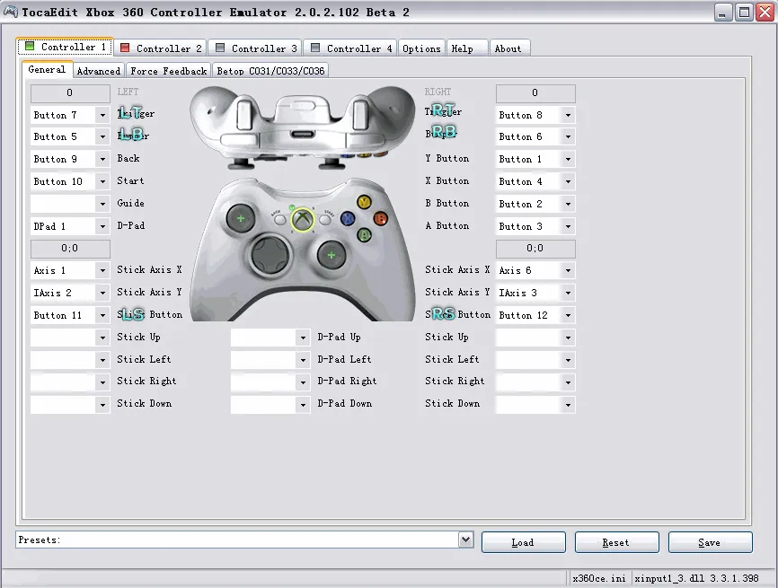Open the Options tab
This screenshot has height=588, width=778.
(x=421, y=48)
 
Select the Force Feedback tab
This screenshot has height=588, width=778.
(x=168, y=71)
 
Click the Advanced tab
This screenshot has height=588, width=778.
(x=98, y=71)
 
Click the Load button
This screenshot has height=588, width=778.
(x=523, y=542)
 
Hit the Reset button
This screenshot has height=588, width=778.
(x=616, y=542)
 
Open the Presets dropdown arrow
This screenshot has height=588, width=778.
(x=465, y=540)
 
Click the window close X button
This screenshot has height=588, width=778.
(x=762, y=13)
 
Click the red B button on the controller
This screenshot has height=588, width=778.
(x=380, y=218)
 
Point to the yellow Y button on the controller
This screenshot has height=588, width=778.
(x=364, y=203)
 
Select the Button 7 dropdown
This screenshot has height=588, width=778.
(x=69, y=115)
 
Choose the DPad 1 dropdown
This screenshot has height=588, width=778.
(x=69, y=226)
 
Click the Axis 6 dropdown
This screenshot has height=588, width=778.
(x=535, y=270)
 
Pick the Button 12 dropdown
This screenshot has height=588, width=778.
(x=535, y=315)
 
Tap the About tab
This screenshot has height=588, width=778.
(x=508, y=48)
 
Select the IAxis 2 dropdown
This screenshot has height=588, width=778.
(x=69, y=293)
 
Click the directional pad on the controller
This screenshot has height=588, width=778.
(x=268, y=256)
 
